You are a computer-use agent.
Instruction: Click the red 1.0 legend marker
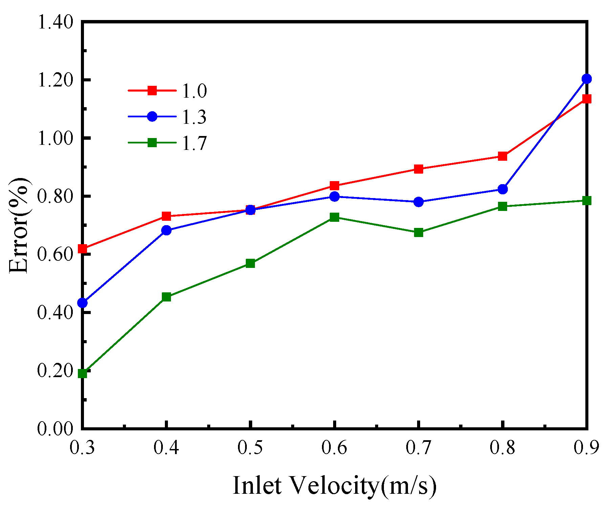[152, 91]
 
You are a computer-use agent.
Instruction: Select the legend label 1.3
[194, 117]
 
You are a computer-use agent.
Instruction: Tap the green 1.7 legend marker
[152, 142]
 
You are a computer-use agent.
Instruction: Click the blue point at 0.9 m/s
[587, 79]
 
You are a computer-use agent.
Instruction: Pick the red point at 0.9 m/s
[587, 99]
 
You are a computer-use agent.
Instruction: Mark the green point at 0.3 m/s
[83, 373]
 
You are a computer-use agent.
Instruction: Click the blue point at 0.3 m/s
[83, 303]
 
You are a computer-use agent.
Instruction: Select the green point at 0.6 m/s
[334, 217]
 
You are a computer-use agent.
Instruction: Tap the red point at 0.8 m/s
[503, 156]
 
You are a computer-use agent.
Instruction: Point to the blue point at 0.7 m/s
[419, 202]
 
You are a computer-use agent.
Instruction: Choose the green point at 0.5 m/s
[251, 263]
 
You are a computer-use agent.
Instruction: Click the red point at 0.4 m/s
[166, 216]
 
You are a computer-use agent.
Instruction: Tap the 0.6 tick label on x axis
[334, 448]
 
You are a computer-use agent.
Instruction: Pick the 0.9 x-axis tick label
[586, 448]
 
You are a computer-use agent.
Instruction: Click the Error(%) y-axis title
[19, 225]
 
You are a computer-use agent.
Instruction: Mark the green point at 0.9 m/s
[587, 200]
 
